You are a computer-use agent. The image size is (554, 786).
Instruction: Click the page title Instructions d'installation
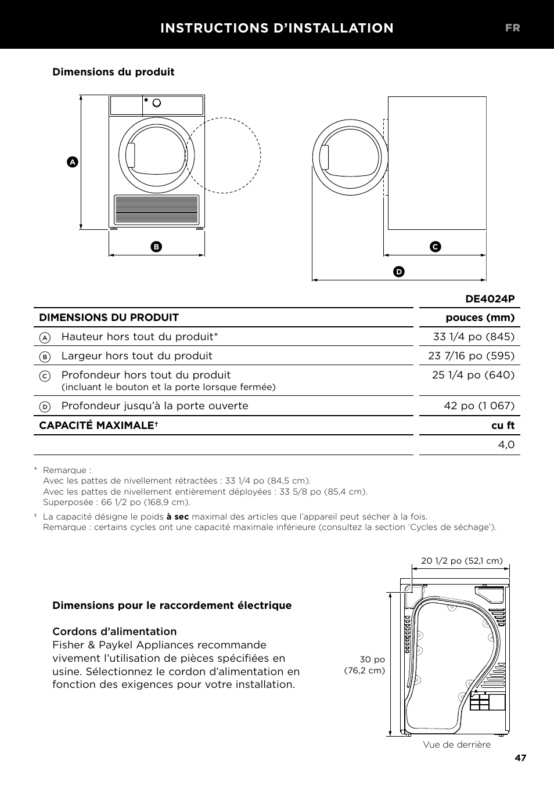276,28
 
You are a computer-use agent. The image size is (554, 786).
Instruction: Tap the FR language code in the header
512,28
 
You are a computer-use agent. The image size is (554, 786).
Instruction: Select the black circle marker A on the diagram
72,162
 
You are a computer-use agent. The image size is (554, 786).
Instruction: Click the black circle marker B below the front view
156,247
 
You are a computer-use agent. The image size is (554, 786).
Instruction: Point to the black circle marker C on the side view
436,247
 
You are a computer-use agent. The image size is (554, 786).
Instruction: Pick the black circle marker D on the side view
398,272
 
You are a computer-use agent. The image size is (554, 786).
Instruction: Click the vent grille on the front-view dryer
156,210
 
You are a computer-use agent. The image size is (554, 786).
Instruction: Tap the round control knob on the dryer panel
156,103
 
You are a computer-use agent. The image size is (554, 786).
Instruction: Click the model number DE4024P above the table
490,299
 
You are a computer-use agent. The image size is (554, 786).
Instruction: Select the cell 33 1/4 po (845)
473,337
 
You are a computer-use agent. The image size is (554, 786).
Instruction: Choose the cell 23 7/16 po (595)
471,356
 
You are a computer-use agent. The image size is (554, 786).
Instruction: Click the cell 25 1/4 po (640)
473,375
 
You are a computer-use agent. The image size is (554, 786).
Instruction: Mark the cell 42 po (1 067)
479,406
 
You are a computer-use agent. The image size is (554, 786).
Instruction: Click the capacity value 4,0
506,445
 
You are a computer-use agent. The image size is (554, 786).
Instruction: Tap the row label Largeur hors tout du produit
136,356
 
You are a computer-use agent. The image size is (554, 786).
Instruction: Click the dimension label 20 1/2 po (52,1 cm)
462,561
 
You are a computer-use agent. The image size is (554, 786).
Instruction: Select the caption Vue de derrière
456,745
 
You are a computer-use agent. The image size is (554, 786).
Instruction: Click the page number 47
520,758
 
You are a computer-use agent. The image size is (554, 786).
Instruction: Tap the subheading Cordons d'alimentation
114,632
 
